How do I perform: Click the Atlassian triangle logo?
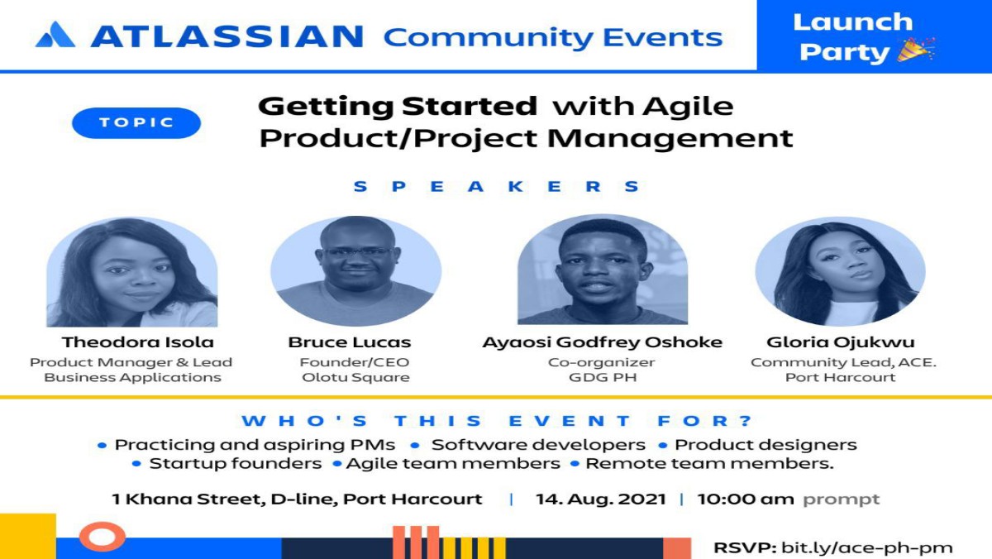pos(55,35)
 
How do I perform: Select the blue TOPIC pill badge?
pos(136,122)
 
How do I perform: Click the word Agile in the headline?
pos(688,107)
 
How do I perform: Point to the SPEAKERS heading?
pos(497,187)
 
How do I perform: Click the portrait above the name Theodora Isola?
pos(132,271)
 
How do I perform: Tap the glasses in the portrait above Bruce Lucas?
pos(357,252)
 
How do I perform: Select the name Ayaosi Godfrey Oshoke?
pos(603,342)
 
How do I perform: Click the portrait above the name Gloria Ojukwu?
pos(840,271)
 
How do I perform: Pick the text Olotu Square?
pos(355,377)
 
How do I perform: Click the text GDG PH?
pos(603,377)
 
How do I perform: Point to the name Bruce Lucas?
pos(350,342)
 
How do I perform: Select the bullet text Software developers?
pos(538,445)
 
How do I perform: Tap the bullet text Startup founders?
pos(235,464)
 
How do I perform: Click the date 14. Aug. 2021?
pos(600,499)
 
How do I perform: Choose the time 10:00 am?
pos(746,499)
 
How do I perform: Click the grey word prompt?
pos(841,500)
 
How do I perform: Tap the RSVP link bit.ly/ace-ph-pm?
pos(866,548)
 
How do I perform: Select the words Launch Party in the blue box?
pos(853,36)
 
